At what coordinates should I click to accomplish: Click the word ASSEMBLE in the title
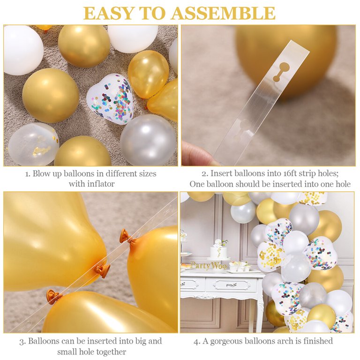tap(223, 13)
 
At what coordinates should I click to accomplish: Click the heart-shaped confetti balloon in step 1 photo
tap(110, 99)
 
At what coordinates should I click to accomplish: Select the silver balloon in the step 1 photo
tap(148, 140)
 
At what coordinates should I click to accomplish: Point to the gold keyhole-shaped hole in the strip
tap(280, 72)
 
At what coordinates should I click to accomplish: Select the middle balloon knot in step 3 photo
tap(102, 270)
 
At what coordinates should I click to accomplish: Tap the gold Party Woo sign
tap(209, 266)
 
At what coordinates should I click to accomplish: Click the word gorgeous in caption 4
tap(226, 341)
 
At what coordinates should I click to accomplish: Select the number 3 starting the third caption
tap(22, 342)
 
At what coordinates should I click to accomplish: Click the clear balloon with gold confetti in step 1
tap(34, 144)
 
